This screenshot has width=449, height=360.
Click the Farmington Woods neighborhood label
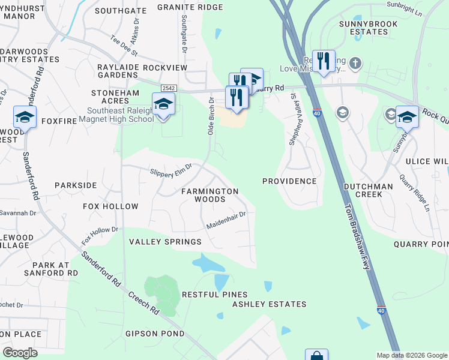pos(210,196)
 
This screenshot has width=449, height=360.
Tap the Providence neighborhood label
pos(289,181)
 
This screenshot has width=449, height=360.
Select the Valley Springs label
pos(166,242)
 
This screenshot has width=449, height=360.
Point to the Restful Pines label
pos(215,295)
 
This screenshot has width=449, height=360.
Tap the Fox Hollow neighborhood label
pos(110,206)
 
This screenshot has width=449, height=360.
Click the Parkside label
pos(76,185)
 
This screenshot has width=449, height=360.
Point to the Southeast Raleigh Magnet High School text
pos(121,115)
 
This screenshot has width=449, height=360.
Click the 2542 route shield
pos(168,88)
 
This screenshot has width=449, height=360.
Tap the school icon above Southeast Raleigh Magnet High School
pos(163,104)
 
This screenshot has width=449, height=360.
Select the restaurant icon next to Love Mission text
pos(324,61)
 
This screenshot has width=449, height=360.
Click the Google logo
pos(20,353)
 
